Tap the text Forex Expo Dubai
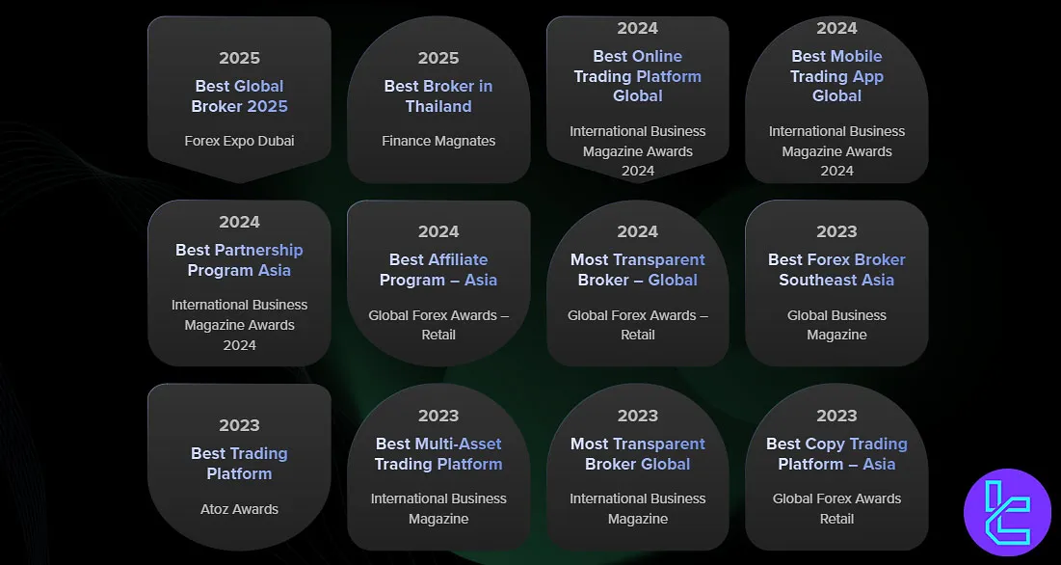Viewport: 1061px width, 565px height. (239, 141)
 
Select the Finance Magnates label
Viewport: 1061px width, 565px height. (438, 141)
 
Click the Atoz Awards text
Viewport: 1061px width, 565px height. (239, 508)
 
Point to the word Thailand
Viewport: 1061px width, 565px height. (438, 107)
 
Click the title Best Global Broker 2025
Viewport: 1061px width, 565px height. (239, 96)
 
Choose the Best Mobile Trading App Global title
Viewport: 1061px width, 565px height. (836, 76)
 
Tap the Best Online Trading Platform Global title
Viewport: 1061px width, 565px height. (637, 76)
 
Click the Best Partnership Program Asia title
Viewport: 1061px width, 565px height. (239, 260)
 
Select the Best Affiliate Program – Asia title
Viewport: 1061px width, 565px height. (438, 270)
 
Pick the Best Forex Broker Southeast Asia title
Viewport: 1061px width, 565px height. (836, 270)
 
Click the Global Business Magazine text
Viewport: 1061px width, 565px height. (836, 325)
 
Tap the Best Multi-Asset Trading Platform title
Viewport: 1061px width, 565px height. (438, 454)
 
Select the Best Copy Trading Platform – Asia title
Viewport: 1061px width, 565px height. (836, 454)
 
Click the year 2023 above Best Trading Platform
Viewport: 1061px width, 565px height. (239, 425)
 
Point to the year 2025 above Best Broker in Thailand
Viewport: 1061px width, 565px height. (438, 58)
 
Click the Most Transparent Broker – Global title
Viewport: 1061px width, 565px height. (637, 270)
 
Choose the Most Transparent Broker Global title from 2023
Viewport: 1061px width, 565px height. (637, 454)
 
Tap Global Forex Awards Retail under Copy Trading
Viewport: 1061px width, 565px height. (836, 508)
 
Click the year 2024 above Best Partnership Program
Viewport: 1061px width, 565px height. (239, 222)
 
